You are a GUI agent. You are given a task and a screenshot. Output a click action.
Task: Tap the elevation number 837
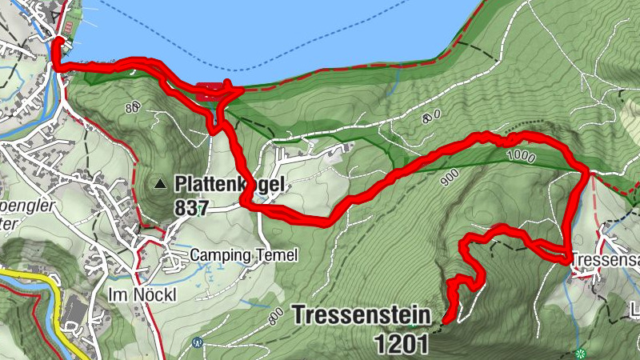[190, 209]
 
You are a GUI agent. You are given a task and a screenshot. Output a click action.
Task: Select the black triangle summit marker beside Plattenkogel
[161, 185]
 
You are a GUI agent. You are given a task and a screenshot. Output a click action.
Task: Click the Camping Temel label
[244, 255]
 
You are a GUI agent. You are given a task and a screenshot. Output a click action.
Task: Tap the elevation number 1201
[401, 343]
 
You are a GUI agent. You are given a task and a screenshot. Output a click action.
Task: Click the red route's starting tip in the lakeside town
[57, 40]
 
